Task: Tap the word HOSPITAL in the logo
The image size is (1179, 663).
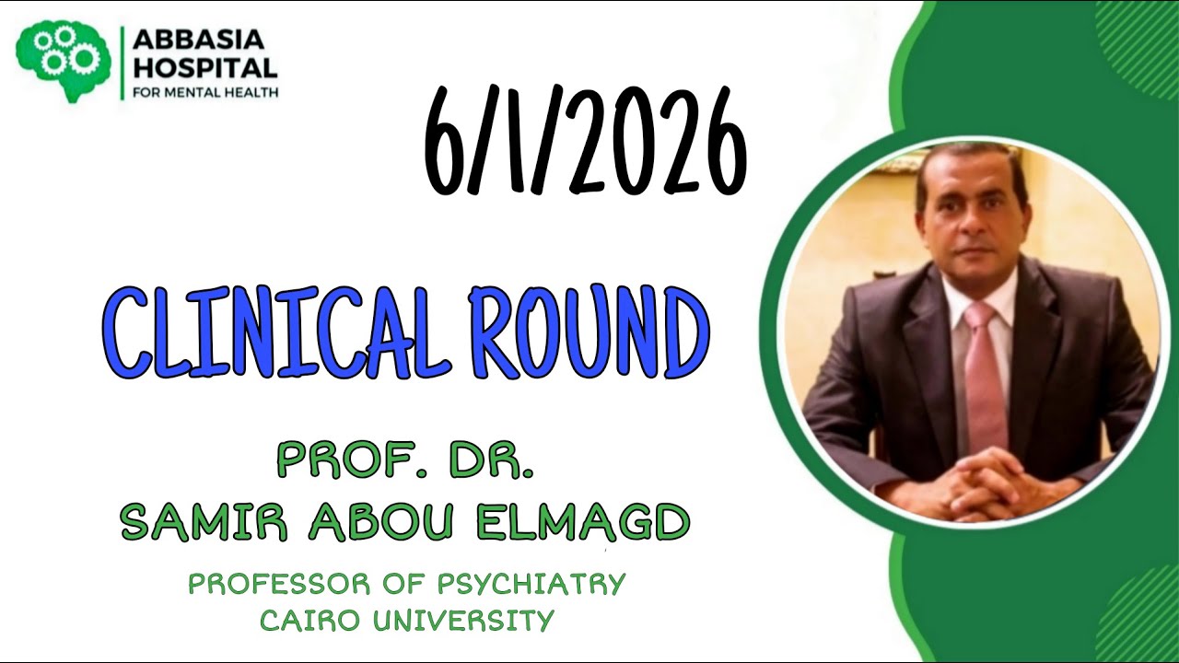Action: tap(204, 67)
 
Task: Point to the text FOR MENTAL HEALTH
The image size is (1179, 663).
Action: tap(205, 92)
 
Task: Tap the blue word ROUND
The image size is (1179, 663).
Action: tap(580, 333)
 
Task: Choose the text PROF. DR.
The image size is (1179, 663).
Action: tap(405, 460)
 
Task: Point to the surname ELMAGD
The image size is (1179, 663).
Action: tap(582, 522)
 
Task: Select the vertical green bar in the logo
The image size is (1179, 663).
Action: tap(123, 63)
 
